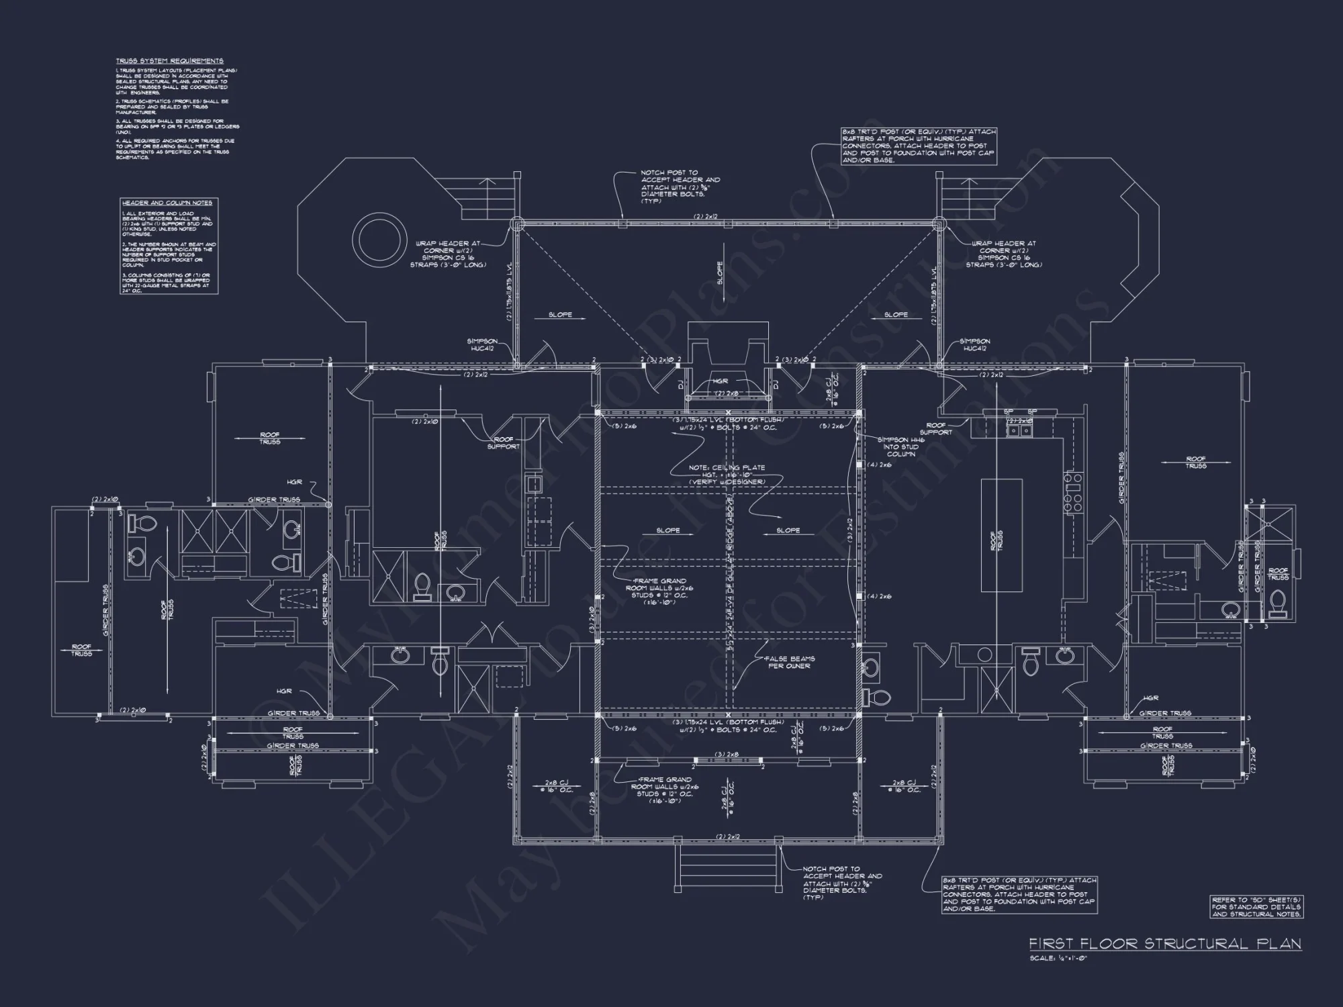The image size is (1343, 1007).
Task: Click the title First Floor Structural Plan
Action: [1165, 944]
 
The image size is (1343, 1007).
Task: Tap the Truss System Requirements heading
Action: [169, 61]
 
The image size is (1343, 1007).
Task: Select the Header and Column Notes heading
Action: [167, 203]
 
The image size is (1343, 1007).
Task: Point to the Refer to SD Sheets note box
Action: [1256, 906]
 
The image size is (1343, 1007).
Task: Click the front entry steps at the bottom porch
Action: [728, 867]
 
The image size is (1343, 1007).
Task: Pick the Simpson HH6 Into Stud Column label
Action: [900, 446]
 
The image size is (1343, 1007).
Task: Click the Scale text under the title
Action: [1058, 958]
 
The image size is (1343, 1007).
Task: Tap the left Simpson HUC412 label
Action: [483, 345]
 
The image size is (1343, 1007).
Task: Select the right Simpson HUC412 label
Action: [974, 345]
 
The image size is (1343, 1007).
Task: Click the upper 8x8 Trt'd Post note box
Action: [919, 146]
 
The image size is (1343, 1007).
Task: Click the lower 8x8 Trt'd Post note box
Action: [1019, 894]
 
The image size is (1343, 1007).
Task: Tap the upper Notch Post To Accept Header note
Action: [680, 187]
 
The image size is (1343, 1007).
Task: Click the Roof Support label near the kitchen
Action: [936, 429]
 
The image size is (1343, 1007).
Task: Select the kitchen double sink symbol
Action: [1019, 430]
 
